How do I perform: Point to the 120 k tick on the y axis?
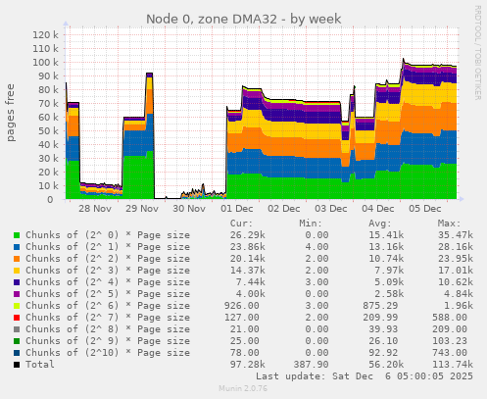point(45,34)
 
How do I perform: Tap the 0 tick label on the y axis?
point(56,199)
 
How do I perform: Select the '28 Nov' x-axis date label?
point(95,209)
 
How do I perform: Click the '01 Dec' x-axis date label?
point(237,209)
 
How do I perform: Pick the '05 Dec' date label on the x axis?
point(425,209)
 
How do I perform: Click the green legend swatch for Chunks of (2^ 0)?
point(16,235)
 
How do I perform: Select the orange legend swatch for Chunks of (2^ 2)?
point(16,258)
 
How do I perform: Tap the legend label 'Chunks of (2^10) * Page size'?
point(107,353)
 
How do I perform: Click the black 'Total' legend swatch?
point(16,365)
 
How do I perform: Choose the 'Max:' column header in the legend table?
point(449,223)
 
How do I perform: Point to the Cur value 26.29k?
point(247,235)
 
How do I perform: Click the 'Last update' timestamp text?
point(365,375)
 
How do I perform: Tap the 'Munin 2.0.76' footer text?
point(242,389)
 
